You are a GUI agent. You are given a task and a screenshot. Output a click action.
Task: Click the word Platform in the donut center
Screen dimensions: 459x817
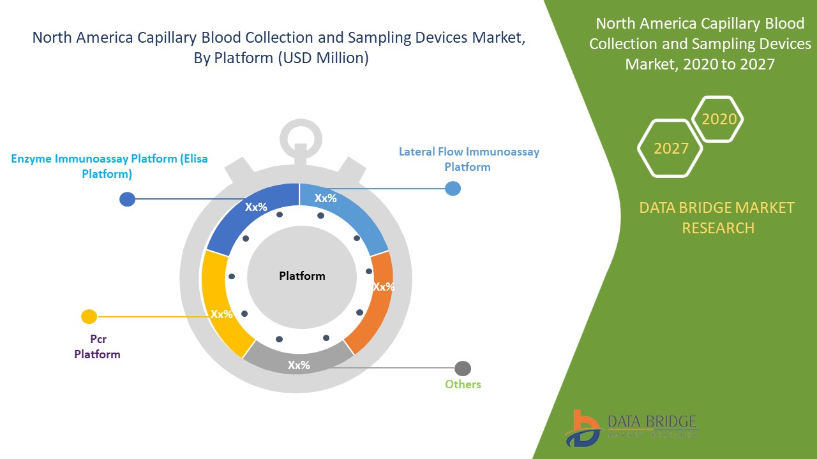pyautogui.click(x=302, y=276)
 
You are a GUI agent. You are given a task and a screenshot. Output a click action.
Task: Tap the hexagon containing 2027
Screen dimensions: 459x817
pyautogui.click(x=670, y=149)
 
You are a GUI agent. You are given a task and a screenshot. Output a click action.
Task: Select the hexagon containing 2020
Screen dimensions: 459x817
pyautogui.click(x=719, y=119)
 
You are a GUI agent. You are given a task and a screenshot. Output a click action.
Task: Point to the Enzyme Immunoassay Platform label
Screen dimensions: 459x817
pyautogui.click(x=109, y=166)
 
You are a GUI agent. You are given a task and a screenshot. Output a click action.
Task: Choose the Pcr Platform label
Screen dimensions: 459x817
pyautogui.click(x=97, y=347)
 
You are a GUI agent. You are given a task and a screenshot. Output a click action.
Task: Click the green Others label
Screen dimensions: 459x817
pyautogui.click(x=463, y=384)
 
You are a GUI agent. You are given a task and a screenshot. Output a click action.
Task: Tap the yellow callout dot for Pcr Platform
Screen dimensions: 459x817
pyautogui.click(x=89, y=316)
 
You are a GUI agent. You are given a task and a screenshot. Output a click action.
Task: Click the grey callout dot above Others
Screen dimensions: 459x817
pyautogui.click(x=463, y=368)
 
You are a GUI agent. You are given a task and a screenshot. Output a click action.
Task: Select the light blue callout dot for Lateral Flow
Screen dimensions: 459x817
pyautogui.click(x=453, y=188)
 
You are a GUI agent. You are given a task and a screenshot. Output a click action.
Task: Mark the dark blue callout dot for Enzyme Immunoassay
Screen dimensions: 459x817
pyautogui.click(x=128, y=199)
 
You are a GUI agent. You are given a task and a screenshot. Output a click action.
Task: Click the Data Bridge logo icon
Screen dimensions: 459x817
pyautogui.click(x=581, y=428)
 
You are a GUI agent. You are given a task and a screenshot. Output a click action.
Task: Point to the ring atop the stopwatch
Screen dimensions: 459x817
pyautogui.click(x=299, y=134)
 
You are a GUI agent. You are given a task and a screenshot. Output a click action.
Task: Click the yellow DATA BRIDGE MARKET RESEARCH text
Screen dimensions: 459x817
pyautogui.click(x=718, y=217)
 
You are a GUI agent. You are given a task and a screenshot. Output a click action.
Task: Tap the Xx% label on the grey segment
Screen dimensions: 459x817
pyautogui.click(x=299, y=365)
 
